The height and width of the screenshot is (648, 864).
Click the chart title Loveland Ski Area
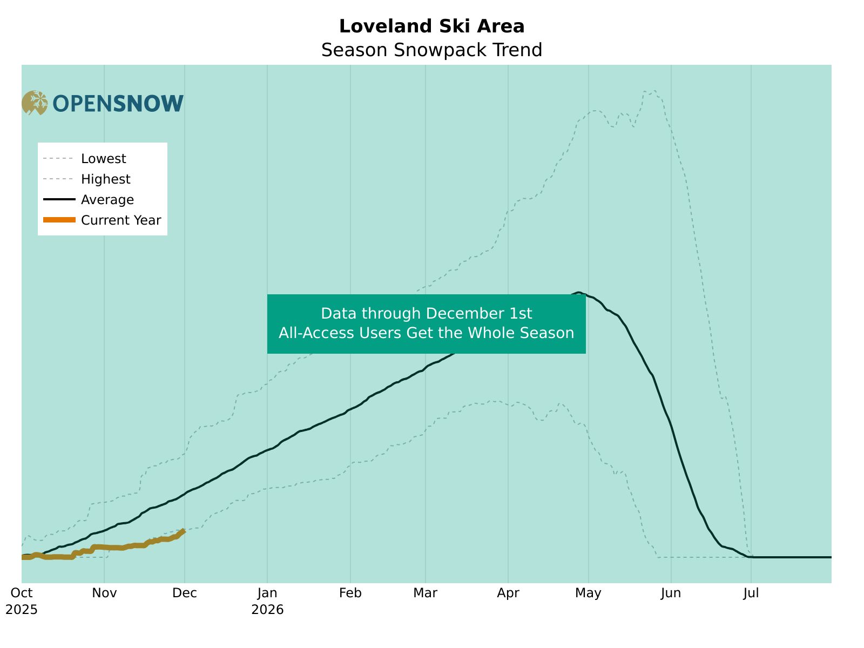[431, 26]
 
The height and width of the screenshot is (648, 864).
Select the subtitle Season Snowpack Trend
[431, 50]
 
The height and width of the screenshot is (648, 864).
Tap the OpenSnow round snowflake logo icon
[35, 103]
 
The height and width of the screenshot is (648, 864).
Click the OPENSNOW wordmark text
[118, 104]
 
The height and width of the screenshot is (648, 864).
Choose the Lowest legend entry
[103, 159]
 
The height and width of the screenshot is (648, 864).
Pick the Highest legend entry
[105, 179]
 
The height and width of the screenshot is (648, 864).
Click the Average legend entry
[107, 200]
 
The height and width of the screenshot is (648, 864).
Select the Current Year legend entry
[120, 220]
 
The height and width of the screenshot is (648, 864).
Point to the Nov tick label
[104, 593]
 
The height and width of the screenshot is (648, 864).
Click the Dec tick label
[185, 593]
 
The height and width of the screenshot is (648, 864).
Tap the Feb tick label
[350, 593]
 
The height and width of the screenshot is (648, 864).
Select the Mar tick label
[426, 593]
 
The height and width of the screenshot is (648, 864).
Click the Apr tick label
[508, 593]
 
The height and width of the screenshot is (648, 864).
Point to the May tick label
[588, 593]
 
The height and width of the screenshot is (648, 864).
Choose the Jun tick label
[671, 593]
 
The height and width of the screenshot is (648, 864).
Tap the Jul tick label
[751, 593]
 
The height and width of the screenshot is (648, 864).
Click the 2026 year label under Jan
[267, 610]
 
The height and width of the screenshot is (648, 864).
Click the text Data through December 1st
[426, 314]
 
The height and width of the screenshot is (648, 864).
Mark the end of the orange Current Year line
[184, 531]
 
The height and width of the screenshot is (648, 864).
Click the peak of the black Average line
[578, 293]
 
